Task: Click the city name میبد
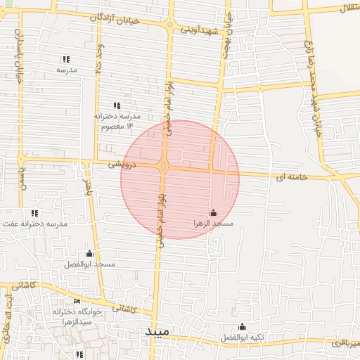pos(158,331)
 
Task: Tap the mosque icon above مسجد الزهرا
pos(213,212)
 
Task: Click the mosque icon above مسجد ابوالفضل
pos(89,254)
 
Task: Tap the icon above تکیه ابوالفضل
pos(243,326)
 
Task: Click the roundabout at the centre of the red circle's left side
pos(163,167)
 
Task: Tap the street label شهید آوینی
pos(201,31)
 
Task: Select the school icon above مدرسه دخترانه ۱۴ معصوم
pos(116,105)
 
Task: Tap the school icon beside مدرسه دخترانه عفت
pos(34,213)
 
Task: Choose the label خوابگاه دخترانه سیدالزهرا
pos(77,316)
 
